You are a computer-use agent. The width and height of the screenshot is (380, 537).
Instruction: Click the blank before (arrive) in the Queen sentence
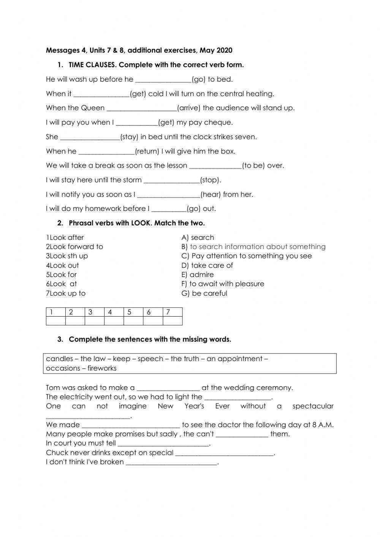(x=142, y=108)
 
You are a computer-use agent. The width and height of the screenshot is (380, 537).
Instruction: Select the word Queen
(x=92, y=108)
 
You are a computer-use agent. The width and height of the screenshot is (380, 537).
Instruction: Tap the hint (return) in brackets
(x=147, y=151)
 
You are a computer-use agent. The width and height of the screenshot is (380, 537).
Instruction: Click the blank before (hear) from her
(x=168, y=195)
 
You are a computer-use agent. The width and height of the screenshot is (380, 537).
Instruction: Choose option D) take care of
(x=207, y=265)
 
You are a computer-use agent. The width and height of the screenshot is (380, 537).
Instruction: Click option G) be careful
(x=204, y=293)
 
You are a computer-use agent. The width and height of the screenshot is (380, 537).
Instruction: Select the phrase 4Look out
(x=62, y=265)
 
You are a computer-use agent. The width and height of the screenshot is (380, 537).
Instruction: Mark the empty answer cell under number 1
(x=55, y=321)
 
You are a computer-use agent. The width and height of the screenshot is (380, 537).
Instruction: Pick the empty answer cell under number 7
(x=173, y=321)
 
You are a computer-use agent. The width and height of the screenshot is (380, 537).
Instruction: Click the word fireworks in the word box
(x=102, y=368)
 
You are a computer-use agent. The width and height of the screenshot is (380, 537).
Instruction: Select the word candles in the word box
(x=59, y=359)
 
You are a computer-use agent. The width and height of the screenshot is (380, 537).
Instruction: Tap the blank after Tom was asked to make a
(x=168, y=388)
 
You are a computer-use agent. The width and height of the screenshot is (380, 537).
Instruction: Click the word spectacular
(x=313, y=406)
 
